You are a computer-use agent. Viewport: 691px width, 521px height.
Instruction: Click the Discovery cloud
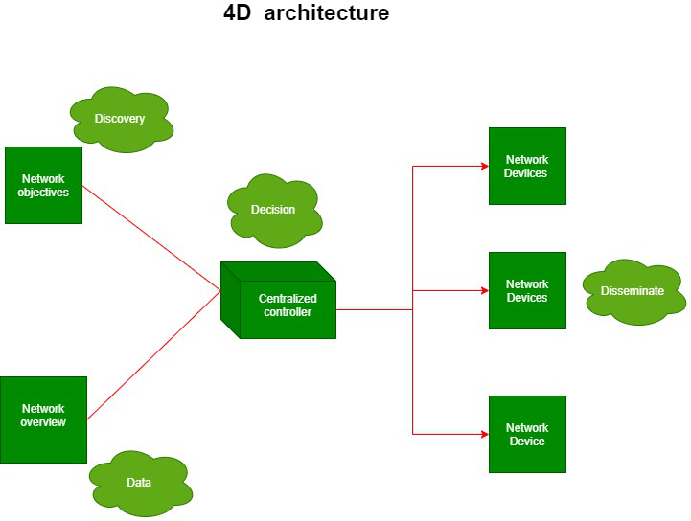121,120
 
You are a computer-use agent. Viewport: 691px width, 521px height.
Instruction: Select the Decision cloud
274,210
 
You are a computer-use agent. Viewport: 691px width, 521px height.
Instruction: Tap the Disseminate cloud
633,291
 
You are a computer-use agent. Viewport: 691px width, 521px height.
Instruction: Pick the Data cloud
139,482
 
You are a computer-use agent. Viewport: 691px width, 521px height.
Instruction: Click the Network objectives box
43,185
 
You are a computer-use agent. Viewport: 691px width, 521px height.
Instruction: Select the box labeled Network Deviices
527,166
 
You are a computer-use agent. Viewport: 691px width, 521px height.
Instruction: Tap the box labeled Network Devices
527,290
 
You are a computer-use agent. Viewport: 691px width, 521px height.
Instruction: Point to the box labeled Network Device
527,434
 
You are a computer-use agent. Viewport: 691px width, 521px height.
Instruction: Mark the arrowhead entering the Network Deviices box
484,166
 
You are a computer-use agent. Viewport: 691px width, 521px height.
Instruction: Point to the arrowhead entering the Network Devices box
484,290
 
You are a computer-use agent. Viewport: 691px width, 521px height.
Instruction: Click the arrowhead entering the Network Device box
484,434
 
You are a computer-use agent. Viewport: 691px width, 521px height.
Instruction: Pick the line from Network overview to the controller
153,355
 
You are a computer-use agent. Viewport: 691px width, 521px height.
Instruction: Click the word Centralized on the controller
288,299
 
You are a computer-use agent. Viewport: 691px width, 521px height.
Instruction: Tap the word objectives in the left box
43,193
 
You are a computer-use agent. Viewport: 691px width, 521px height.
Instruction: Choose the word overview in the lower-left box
43,422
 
